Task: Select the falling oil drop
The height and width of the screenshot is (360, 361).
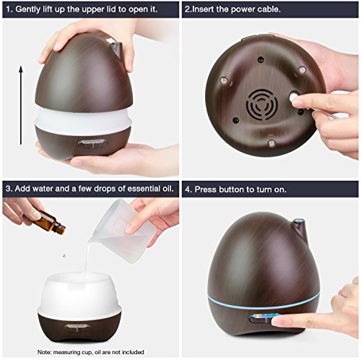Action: (64, 256)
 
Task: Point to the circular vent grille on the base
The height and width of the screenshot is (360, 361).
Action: (262, 104)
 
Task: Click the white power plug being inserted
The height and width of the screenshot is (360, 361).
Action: (294, 97)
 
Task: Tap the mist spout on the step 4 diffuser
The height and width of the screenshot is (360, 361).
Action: (300, 228)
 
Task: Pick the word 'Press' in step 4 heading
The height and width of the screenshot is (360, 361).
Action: (206, 189)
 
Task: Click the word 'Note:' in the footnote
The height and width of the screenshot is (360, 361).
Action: (44, 352)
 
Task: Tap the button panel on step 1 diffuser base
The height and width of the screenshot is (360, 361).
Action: (92, 143)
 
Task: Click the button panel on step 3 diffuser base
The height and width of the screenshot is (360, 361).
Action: (77, 327)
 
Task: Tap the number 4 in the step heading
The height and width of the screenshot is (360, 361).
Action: (188, 189)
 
